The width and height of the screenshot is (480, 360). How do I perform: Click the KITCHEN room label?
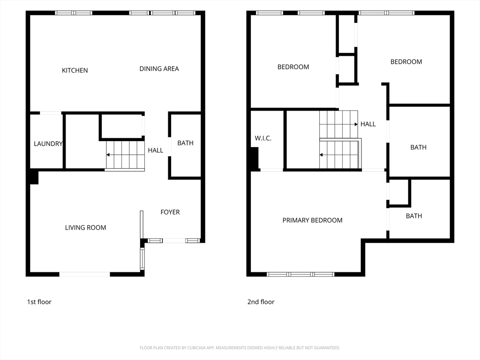tap(75, 70)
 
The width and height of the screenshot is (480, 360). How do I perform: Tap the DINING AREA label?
tap(159, 69)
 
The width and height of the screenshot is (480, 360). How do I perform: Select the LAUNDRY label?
tap(48, 143)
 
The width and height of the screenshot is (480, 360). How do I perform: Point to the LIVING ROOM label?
tap(85, 227)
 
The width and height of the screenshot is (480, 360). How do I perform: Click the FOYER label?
tap(170, 212)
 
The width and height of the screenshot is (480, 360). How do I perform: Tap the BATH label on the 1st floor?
tap(186, 143)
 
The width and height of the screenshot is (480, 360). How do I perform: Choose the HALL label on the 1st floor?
tap(156, 150)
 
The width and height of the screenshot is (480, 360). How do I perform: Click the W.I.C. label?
tap(263, 138)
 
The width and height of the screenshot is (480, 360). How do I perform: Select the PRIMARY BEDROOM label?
tap(312, 220)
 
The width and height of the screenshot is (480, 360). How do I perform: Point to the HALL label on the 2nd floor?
tap(368, 124)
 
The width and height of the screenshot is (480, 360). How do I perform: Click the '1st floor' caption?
tap(39, 302)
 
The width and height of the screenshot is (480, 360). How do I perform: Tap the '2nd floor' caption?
tap(261, 302)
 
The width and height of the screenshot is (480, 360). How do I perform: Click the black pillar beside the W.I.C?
tap(255, 158)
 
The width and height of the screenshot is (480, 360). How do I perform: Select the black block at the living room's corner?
tap(34, 178)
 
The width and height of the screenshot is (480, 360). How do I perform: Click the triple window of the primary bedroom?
tap(300, 274)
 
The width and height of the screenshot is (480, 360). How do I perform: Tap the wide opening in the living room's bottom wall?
tap(84, 274)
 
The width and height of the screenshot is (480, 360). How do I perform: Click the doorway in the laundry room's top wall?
tap(51, 113)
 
